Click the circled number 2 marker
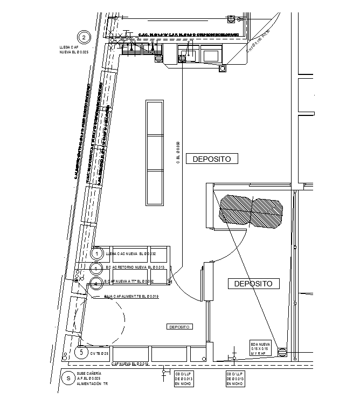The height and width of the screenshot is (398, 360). tap(84, 37)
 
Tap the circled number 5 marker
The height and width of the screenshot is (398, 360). tap(81, 353)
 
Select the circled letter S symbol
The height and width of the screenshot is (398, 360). tap(68, 378)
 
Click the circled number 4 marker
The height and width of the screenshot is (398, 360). tap(96, 282)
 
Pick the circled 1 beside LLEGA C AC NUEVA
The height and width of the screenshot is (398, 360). tap(96, 253)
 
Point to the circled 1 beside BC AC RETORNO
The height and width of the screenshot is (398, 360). tap(96, 268)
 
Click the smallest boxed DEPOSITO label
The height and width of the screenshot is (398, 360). tap(179, 327)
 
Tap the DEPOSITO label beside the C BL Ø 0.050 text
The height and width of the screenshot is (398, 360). tap(212, 159)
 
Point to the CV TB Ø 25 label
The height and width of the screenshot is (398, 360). tap(99, 354)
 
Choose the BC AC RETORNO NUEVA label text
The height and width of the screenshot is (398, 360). tap(130, 267)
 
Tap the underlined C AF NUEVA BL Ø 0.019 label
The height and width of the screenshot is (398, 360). tap(129, 365)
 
